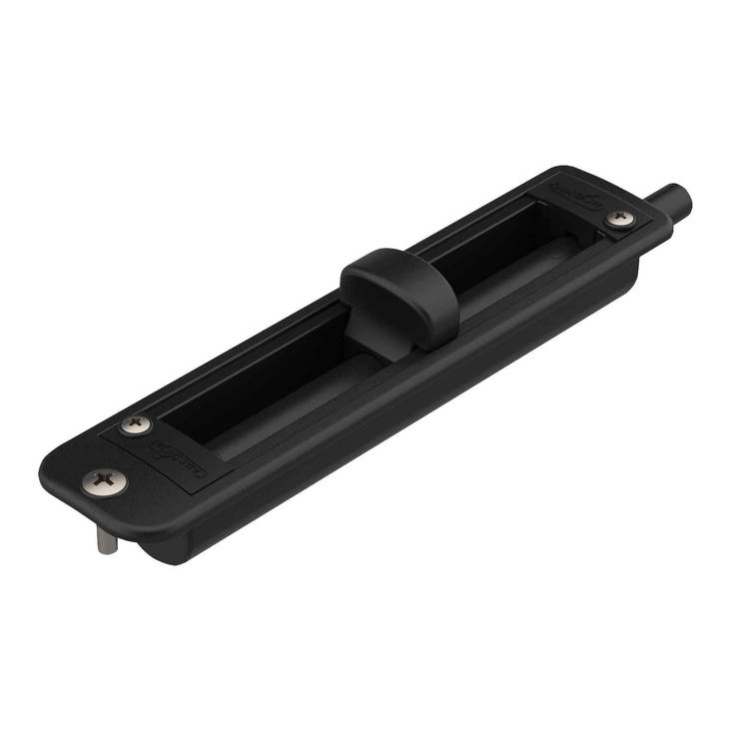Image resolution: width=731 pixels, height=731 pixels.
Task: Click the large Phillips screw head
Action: click(104, 482)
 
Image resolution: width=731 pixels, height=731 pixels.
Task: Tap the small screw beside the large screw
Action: click(137, 424)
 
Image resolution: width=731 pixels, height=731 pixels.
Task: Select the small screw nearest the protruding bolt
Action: click(619, 217)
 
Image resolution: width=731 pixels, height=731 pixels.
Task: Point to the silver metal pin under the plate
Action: click(107, 540)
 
